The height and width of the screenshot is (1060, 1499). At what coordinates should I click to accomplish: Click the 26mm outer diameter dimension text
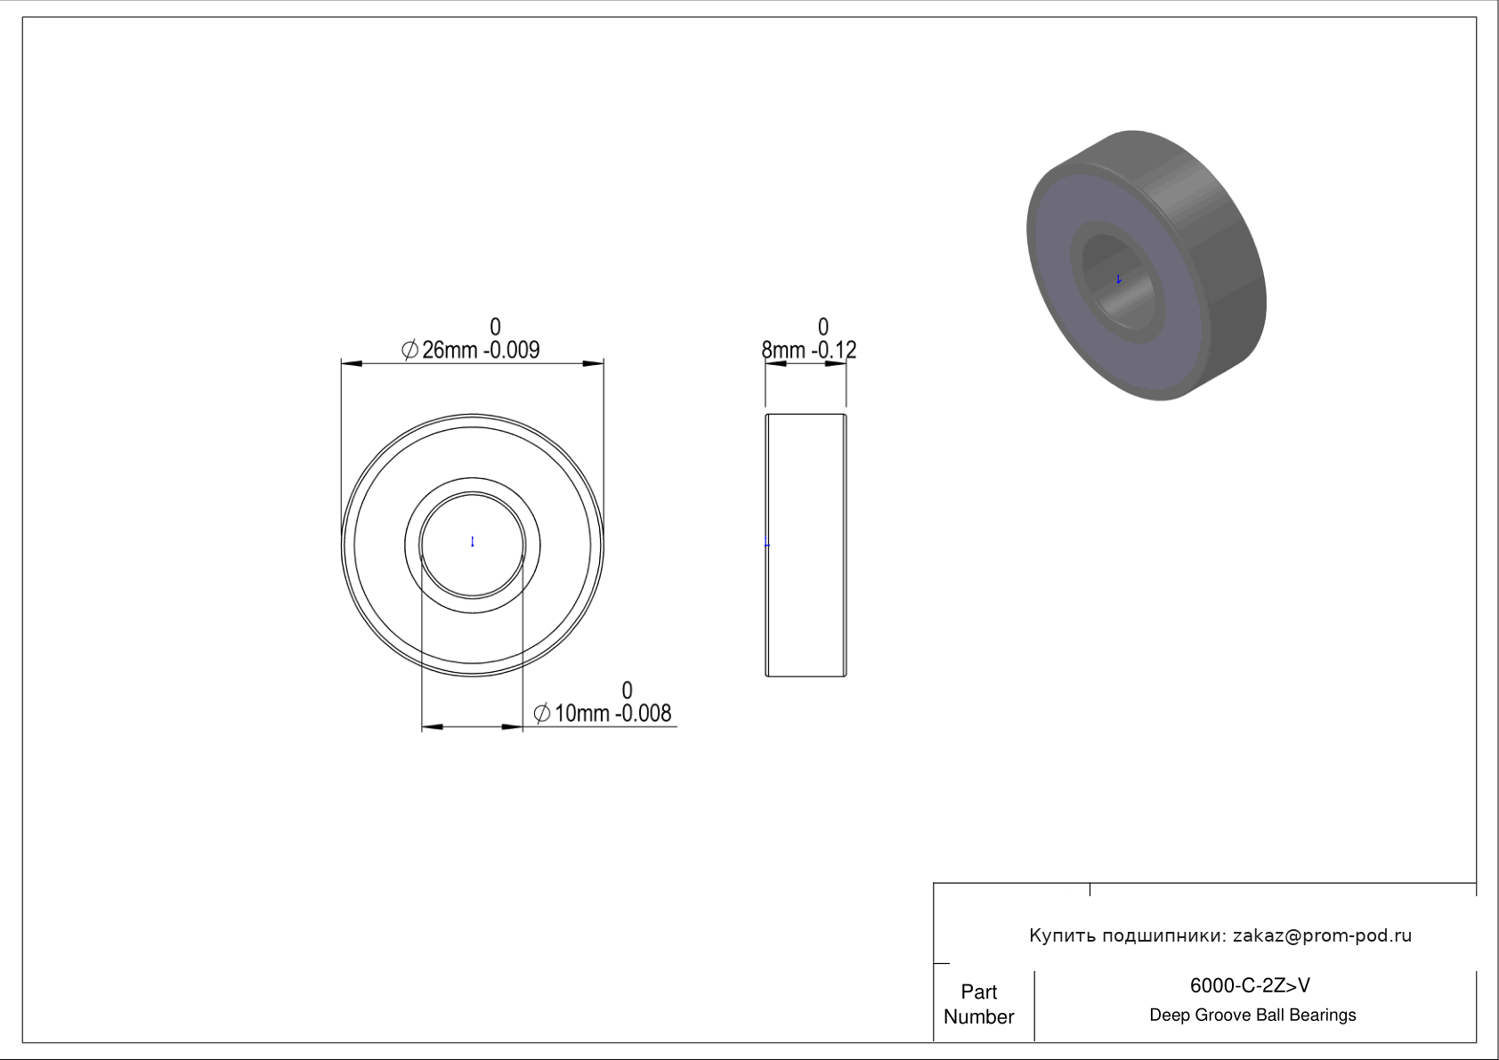pyautogui.click(x=449, y=350)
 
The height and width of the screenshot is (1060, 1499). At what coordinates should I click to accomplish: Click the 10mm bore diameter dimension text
pyautogui.click(x=581, y=714)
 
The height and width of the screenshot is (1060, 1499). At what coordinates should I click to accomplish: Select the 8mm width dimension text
pyautogui.click(x=783, y=350)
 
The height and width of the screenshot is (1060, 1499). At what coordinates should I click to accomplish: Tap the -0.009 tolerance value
pyautogui.click(x=511, y=350)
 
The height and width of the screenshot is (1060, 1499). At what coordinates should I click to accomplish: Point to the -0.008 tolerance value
pyautogui.click(x=643, y=714)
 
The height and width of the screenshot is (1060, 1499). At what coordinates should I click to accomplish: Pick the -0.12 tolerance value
pyautogui.click(x=834, y=350)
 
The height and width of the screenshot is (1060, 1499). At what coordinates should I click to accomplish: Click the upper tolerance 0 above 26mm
pyautogui.click(x=495, y=327)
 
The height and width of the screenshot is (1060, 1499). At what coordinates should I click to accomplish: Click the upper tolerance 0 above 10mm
pyautogui.click(x=627, y=690)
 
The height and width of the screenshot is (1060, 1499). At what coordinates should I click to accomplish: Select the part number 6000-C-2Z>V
pyautogui.click(x=1250, y=985)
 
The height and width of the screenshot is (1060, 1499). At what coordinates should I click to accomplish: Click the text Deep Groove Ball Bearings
pyautogui.click(x=1252, y=1015)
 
